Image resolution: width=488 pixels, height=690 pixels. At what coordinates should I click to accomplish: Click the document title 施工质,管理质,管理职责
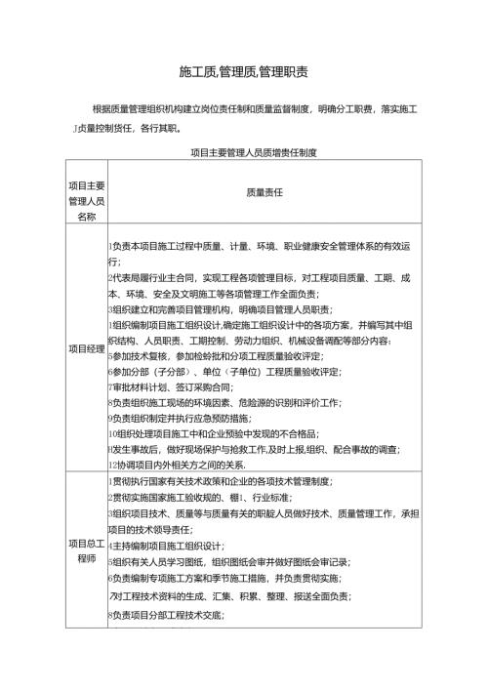[x=245, y=72]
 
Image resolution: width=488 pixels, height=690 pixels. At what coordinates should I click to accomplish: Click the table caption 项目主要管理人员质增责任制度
[x=253, y=152]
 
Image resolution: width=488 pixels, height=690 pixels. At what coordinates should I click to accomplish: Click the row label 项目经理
[x=87, y=348]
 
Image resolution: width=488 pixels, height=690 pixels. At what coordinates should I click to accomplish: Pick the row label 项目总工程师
[x=87, y=551]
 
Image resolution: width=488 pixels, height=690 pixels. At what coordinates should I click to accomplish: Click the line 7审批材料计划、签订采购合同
[x=171, y=387]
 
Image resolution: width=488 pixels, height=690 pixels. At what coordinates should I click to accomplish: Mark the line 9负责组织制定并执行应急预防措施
[x=190, y=419]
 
